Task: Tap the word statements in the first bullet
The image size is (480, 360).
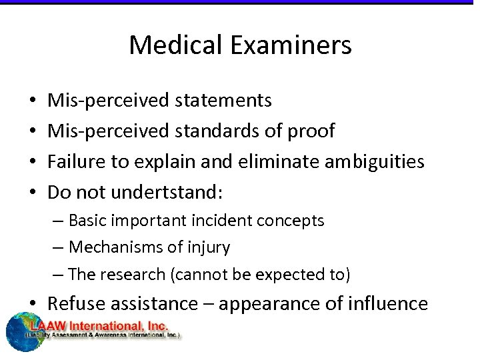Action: pos(223,100)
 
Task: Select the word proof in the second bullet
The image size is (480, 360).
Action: pos(311,131)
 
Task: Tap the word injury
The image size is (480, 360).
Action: pos(211,248)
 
